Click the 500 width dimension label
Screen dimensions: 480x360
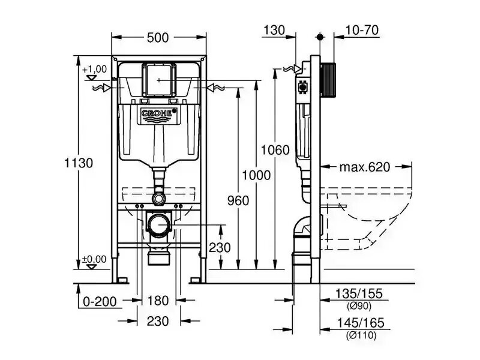158,38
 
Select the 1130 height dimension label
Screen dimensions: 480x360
79,163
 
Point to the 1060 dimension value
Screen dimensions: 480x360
275,150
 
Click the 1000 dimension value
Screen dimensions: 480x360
257,175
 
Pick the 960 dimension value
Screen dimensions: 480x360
238,201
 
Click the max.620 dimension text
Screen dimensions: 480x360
365,167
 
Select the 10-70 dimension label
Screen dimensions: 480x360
362,31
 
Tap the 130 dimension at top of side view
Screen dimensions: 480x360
274,31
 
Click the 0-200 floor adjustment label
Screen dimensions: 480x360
100,302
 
